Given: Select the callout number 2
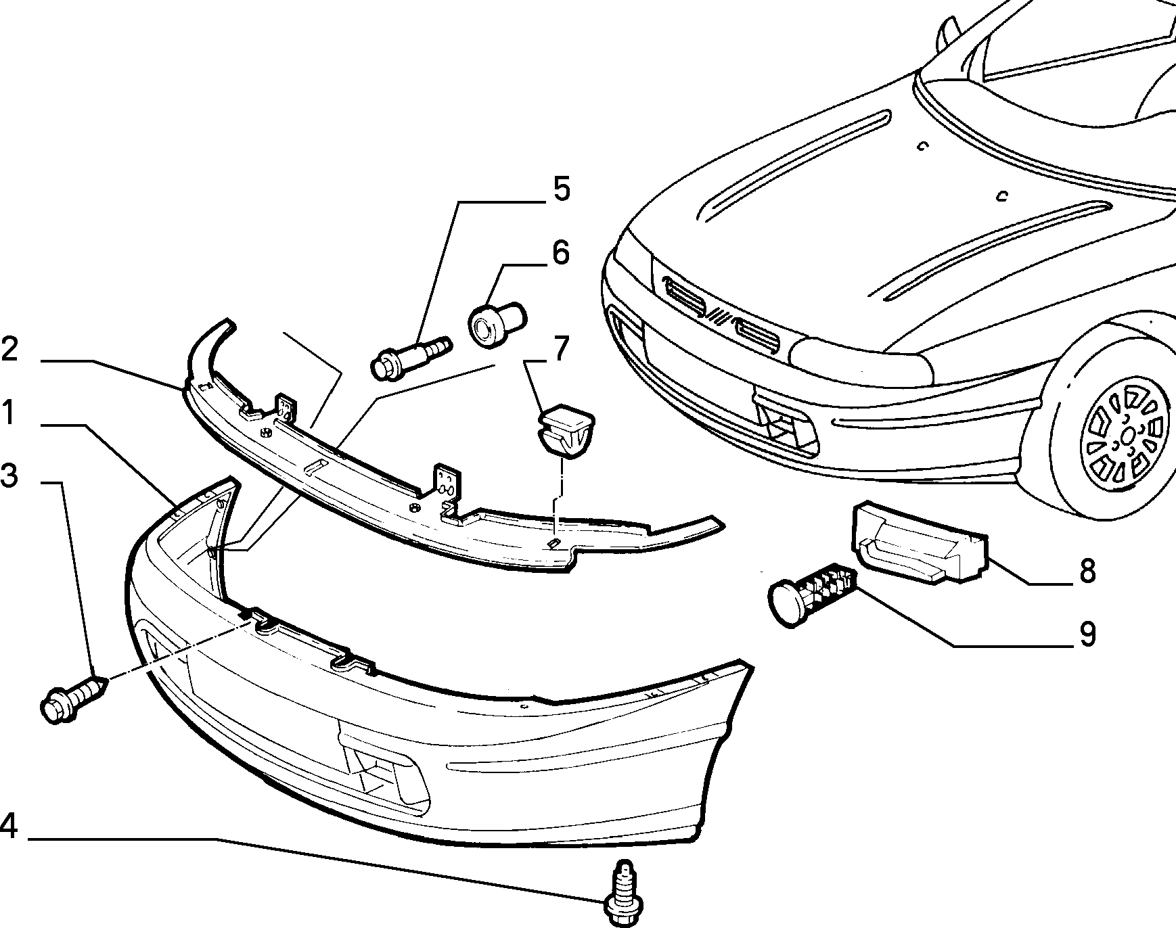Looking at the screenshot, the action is pyautogui.click(x=9, y=350).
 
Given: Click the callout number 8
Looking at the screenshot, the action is pyautogui.click(x=1087, y=571).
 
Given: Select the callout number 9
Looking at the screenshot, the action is pyautogui.click(x=1087, y=634).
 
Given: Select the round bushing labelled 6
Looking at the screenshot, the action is pyautogui.click(x=496, y=323).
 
